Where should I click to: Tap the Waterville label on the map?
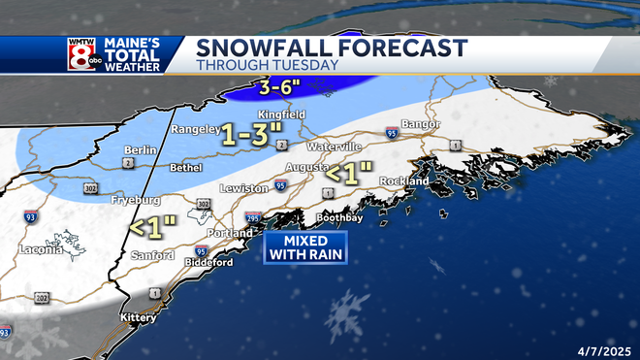(x=335, y=146)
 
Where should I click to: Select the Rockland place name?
(x=406, y=181)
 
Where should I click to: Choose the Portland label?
(x=229, y=233)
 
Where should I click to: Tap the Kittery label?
(x=139, y=317)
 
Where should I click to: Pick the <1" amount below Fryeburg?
(x=154, y=227)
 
